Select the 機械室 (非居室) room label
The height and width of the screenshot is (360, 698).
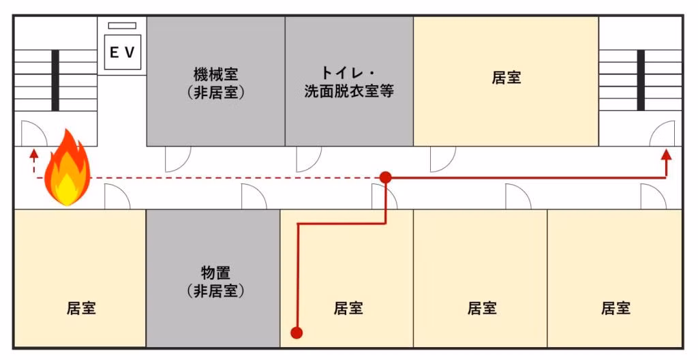point(215,83)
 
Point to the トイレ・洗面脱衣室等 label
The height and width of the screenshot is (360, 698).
point(349,81)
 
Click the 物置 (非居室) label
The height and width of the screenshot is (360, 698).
point(215,282)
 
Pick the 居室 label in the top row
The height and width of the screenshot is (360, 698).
point(506,77)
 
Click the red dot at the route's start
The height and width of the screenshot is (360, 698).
point(297,333)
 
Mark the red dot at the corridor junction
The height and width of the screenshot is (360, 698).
point(385,177)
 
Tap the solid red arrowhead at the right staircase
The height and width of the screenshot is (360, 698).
point(666,154)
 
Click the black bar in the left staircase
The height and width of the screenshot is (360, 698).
point(55,80)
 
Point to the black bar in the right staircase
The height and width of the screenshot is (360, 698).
point(641,80)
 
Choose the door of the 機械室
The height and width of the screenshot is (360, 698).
point(177,158)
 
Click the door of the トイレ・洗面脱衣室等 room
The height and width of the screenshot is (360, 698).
point(308,158)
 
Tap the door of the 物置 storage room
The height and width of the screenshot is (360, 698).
point(254,197)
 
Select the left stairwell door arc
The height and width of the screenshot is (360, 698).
point(33,134)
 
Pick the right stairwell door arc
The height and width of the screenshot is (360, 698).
point(663,134)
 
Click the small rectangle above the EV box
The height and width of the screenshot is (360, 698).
point(122,26)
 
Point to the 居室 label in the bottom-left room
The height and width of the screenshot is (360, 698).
point(81,308)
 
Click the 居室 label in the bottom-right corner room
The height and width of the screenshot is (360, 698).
point(616,308)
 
